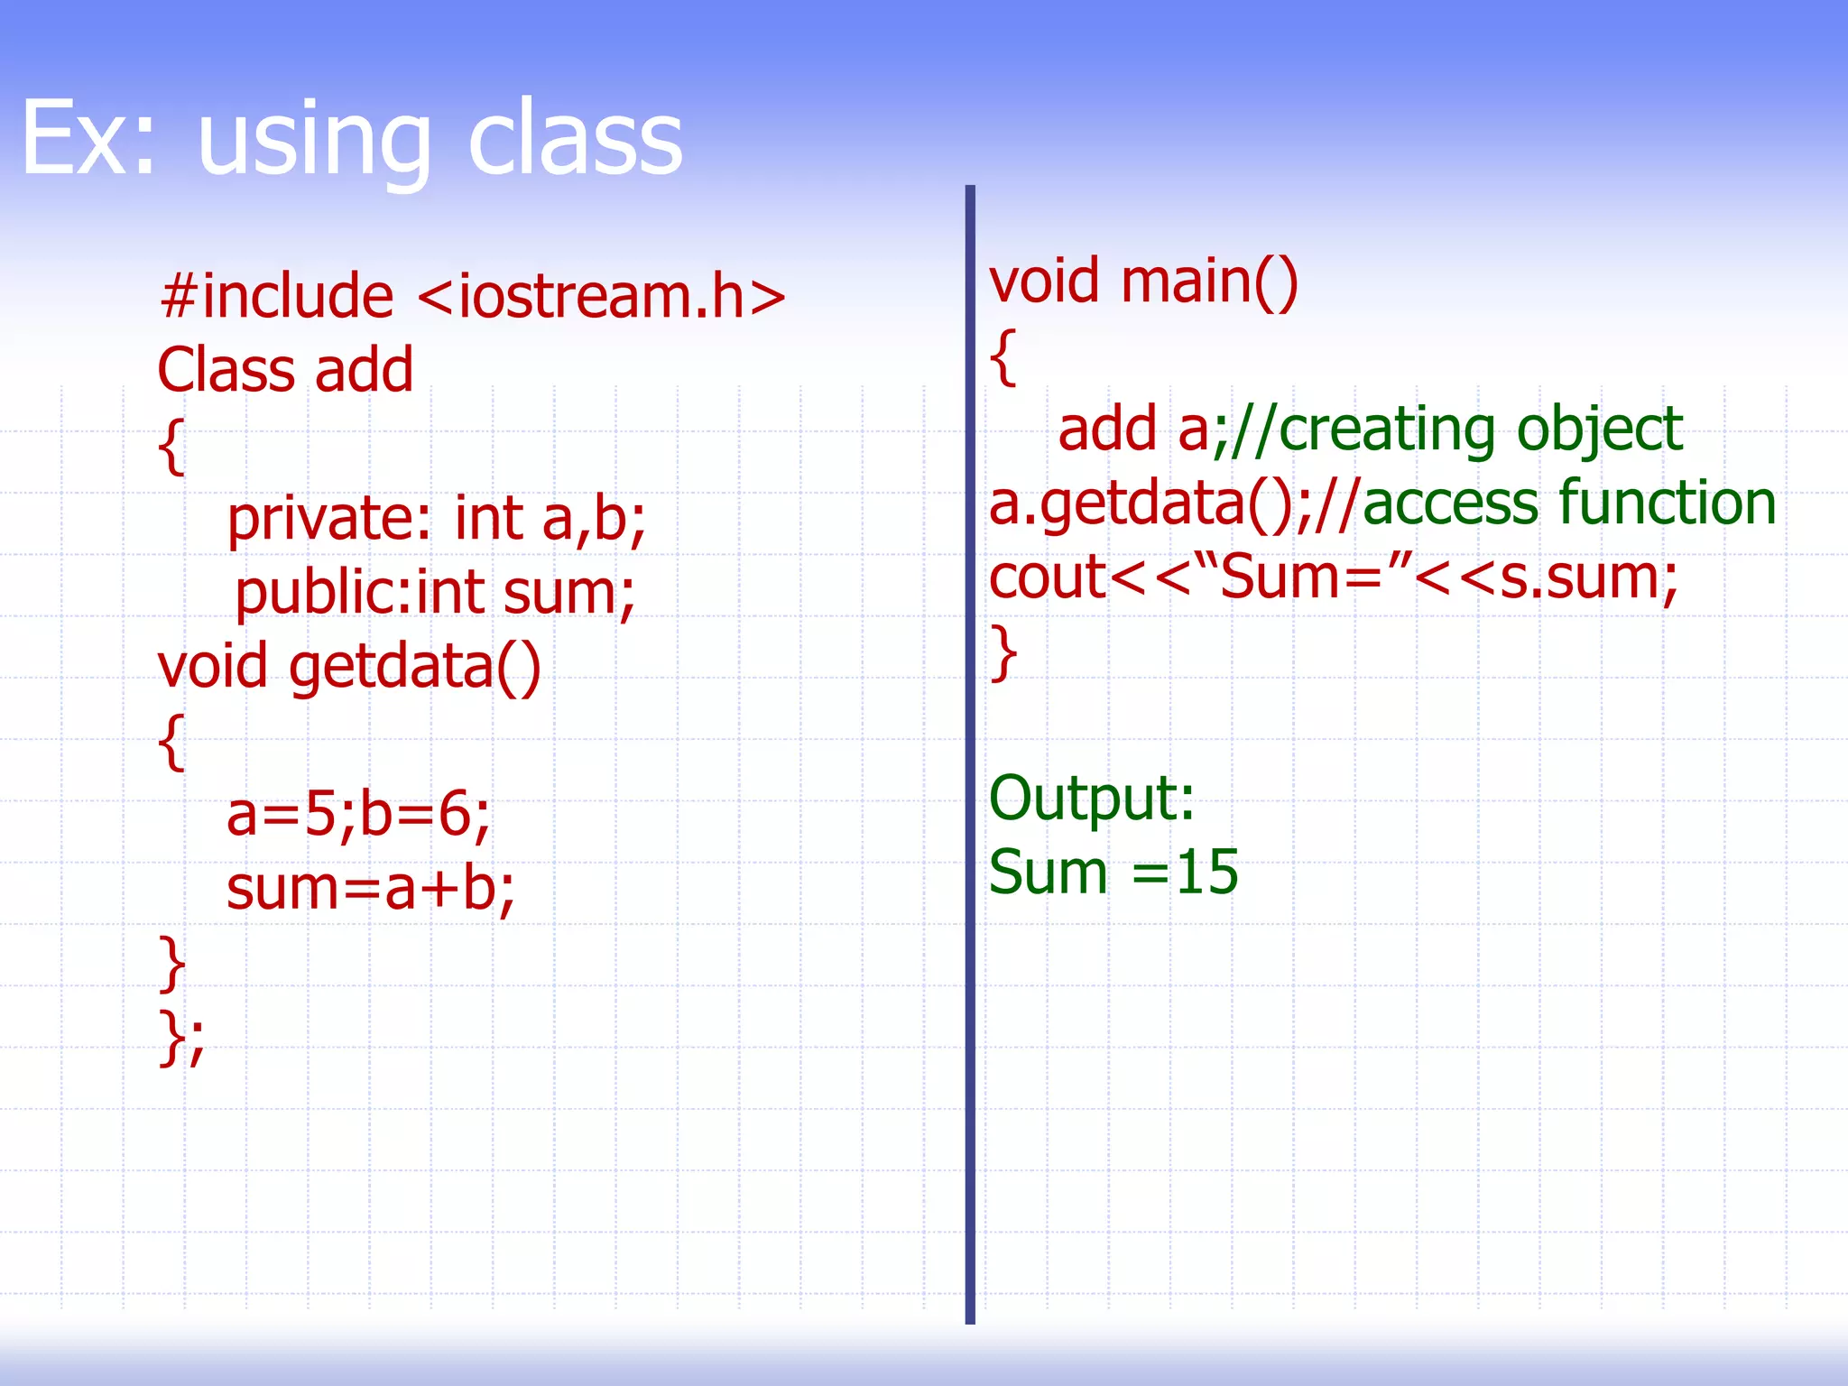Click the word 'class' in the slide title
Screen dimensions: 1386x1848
(575, 140)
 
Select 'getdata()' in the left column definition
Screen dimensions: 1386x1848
(414, 668)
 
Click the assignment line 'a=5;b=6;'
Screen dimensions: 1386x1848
(358, 815)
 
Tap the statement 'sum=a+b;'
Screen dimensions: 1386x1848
(370, 889)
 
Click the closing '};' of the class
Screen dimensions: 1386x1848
(181, 1038)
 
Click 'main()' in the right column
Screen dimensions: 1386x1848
(1209, 282)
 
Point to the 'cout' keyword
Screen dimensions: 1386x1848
(1047, 577)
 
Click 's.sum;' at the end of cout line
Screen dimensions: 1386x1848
(1588, 577)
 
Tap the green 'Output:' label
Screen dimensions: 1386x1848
(1092, 799)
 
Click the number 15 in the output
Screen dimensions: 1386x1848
(1207, 873)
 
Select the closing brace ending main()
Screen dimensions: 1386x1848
(1004, 651)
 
